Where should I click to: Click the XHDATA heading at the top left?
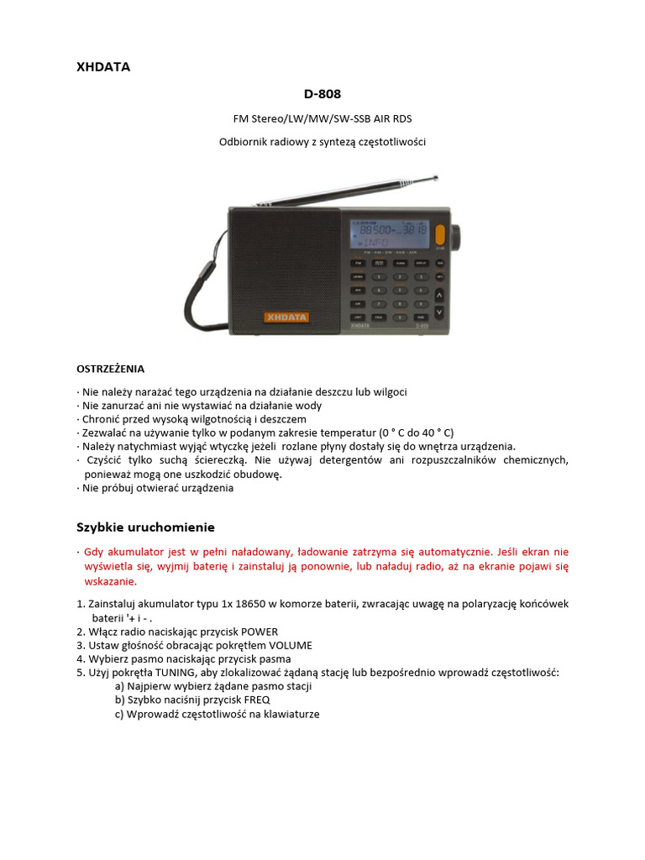pos(103,67)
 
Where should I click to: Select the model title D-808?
pos(322,93)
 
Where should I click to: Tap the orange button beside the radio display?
pos(439,234)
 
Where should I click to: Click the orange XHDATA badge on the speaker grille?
pos(286,317)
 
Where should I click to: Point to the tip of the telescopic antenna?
pos(436,177)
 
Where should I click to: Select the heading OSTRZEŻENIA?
pos(111,368)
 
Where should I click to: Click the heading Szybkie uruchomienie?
pos(145,527)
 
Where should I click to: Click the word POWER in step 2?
pos(260,632)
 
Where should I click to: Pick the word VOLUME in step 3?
pos(286,645)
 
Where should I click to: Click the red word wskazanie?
pos(110,581)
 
